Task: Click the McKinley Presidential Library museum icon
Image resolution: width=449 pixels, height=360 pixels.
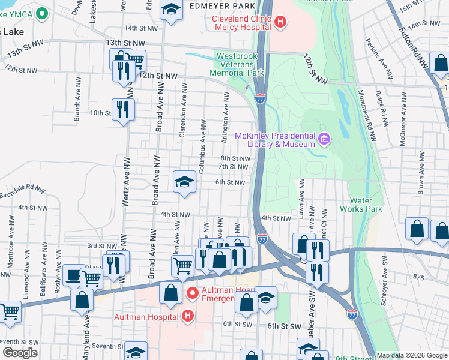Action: (x=324, y=139)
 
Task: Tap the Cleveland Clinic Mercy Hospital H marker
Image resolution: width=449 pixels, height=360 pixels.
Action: (x=280, y=23)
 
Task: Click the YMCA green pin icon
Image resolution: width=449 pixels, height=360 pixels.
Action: (x=41, y=13)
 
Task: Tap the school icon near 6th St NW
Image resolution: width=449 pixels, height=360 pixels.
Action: (x=184, y=181)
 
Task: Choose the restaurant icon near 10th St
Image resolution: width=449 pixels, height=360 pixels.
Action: (x=123, y=110)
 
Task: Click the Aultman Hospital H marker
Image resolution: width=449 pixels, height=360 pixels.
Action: (x=188, y=316)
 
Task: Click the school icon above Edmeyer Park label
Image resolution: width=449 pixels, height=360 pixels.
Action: (x=172, y=10)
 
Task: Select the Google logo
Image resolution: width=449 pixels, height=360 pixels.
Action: (x=20, y=353)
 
